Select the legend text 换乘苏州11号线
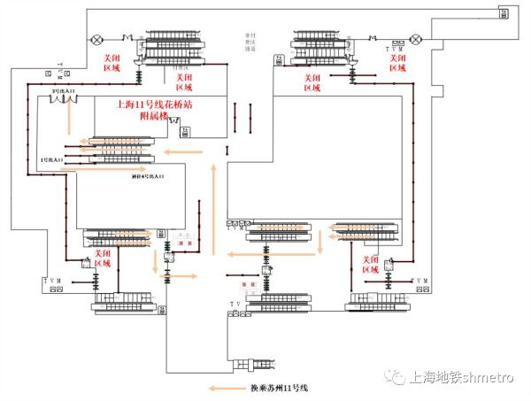(x=275, y=388)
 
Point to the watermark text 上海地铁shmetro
(x=452, y=378)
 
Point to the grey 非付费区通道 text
(x=250, y=43)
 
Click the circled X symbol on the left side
(x=96, y=39)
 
